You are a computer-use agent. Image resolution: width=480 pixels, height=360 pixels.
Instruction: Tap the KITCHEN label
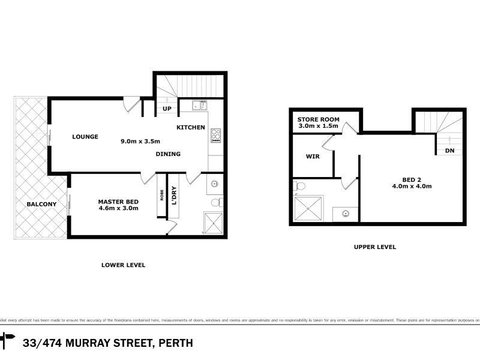tap(191, 129)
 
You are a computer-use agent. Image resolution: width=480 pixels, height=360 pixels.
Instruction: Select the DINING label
tap(168, 153)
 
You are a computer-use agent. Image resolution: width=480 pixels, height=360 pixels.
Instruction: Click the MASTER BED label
tap(117, 201)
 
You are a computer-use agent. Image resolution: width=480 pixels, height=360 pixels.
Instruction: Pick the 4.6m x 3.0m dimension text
tap(117, 210)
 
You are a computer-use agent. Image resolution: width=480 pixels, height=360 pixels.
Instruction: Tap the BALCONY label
tap(27, 205)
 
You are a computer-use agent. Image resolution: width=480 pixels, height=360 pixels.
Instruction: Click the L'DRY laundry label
tap(174, 196)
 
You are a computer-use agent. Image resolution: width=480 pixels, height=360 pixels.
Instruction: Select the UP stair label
tap(167, 109)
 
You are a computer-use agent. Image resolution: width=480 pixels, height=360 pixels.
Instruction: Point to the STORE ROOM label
tap(319, 119)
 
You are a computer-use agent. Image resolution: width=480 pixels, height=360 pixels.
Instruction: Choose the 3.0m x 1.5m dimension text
tap(319, 127)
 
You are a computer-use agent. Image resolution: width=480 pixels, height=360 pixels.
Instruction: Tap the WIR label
tap(312, 155)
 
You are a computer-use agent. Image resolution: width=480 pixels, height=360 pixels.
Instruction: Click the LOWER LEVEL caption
tap(124, 265)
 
